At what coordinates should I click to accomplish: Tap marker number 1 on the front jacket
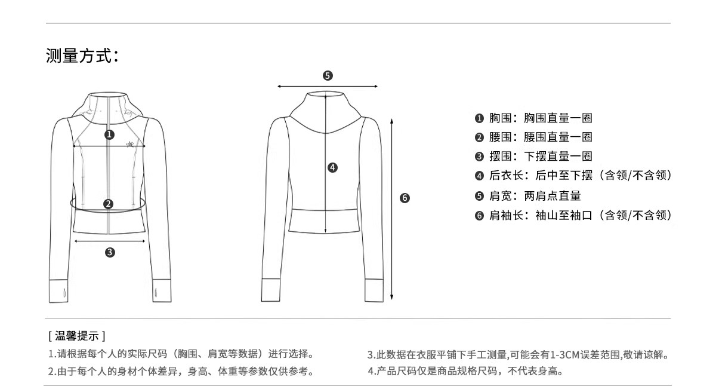pyautogui.click(x=109, y=134)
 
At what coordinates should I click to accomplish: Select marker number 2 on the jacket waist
pyautogui.click(x=108, y=204)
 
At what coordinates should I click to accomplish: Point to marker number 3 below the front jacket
pyautogui.click(x=110, y=253)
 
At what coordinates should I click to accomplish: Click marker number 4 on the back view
pyautogui.click(x=333, y=168)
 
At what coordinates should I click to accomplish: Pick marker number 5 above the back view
pyautogui.click(x=328, y=76)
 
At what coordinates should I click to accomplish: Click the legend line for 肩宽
pyautogui.click(x=527, y=195)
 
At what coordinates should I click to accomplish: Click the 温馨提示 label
pyautogui.click(x=77, y=337)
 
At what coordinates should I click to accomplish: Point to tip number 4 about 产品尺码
pyautogui.click(x=465, y=371)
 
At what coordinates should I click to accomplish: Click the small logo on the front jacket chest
pyautogui.click(x=131, y=143)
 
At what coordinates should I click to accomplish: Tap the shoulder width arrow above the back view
pyautogui.click(x=328, y=87)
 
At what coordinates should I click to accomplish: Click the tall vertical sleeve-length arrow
pyautogui.click(x=391, y=209)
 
